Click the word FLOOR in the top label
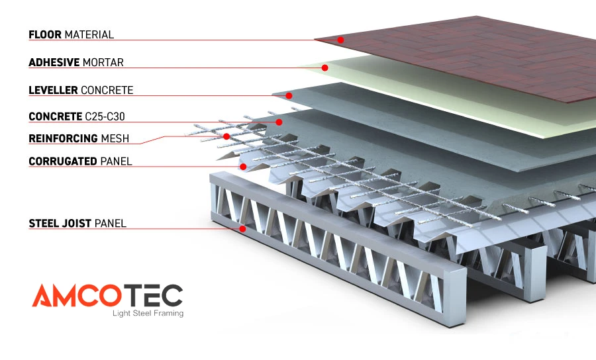pyautogui.click(x=45, y=34)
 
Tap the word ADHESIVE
pyautogui.click(x=54, y=63)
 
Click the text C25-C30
pyautogui.click(x=105, y=117)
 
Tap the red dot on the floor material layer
pyautogui.click(x=340, y=40)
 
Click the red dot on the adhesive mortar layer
pyautogui.click(x=325, y=67)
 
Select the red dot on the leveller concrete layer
pyautogui.click(x=289, y=96)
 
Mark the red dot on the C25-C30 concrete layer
pyautogui.click(x=279, y=122)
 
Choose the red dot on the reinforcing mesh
pyautogui.click(x=226, y=136)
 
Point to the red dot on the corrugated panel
pyautogui.click(x=244, y=167)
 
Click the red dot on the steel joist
pyautogui.click(x=243, y=229)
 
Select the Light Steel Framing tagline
pyautogui.click(x=147, y=313)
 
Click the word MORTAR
pyautogui.click(x=103, y=63)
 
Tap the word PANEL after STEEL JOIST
pyautogui.click(x=111, y=224)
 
